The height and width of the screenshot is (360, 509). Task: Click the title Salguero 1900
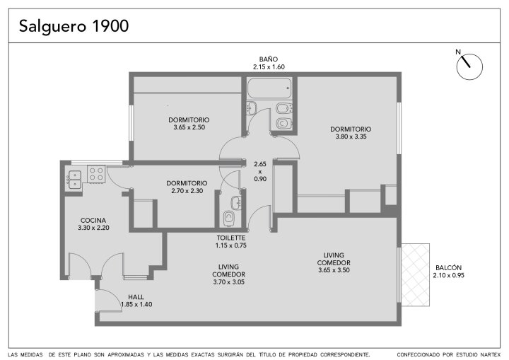[74, 26]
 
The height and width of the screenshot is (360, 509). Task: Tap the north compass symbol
[469, 66]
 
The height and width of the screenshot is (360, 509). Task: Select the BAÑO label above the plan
[269, 59]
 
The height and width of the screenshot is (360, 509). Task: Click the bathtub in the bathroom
[269, 88]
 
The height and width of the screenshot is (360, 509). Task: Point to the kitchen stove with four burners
[96, 174]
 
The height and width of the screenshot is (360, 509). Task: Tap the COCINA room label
[93, 220]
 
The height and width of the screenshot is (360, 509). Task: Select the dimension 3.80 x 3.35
[351, 137]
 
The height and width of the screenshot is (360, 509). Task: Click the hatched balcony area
[416, 275]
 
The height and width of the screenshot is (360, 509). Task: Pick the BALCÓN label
[448, 268]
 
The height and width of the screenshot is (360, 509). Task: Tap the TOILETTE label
[231, 238]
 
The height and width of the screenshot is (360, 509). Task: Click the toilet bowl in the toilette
[229, 218]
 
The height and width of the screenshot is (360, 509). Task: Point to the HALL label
[136, 297]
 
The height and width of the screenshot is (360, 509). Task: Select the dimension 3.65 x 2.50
[189, 127]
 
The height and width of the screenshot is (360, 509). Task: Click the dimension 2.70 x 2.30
[187, 191]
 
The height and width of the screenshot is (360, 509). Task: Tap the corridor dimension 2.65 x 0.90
[260, 172]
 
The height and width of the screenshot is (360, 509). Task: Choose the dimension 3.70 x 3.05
[229, 282]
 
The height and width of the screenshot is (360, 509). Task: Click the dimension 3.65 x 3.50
[334, 270]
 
